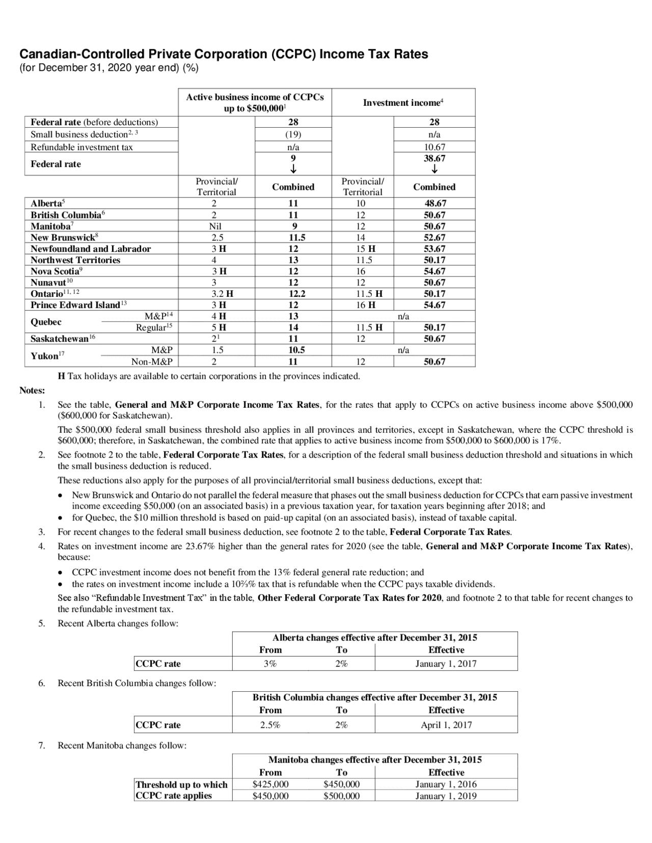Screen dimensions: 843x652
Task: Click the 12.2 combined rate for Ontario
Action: pyautogui.click(x=293, y=294)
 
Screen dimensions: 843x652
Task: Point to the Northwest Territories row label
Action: pyautogui.click(x=75, y=260)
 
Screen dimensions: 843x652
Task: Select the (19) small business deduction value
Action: pyautogui.click(x=293, y=134)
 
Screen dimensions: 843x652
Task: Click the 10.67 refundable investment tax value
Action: pyautogui.click(x=434, y=147)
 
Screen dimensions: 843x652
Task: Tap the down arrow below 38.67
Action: pyautogui.click(x=434, y=170)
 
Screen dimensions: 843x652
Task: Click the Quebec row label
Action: pyautogui.click(x=46, y=322)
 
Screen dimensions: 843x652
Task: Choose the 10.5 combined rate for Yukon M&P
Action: pyautogui.click(x=293, y=350)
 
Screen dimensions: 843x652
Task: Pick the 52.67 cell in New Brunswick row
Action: pyautogui.click(x=434, y=238)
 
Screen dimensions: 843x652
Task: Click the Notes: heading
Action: pyautogui.click(x=32, y=390)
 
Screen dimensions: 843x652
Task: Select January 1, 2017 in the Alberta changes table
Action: pyautogui.click(x=446, y=664)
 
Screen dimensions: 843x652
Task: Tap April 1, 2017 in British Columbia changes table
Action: pyautogui.click(x=446, y=725)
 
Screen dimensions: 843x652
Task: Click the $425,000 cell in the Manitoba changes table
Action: pyautogui.click(x=270, y=784)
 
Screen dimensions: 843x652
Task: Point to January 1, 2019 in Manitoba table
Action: pyautogui.click(x=446, y=796)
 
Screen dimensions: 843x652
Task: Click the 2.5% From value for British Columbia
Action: pyautogui.click(x=270, y=725)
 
